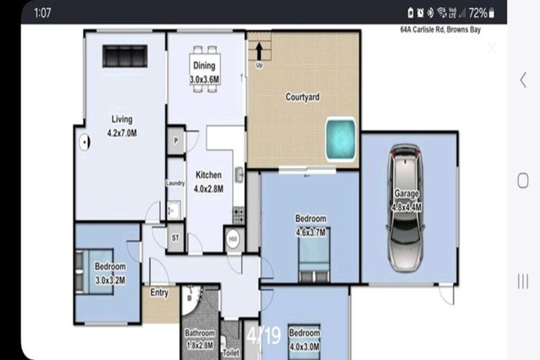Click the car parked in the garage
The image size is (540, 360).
tap(406, 207)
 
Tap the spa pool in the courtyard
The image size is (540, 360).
tap(340, 139)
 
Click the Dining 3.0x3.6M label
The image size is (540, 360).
tap(205, 73)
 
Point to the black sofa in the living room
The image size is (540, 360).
tap(124, 56)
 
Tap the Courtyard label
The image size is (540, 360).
tap(302, 97)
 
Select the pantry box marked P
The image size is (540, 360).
tap(175, 140)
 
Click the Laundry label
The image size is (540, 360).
tap(175, 184)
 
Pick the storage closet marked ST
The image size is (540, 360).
tap(175, 238)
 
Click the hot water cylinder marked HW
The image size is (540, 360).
tap(233, 239)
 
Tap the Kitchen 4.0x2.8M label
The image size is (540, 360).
tap(208, 181)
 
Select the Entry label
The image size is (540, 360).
tap(160, 293)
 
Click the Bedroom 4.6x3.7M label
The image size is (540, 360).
tap(311, 225)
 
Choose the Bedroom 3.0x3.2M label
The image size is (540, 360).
tap(110, 272)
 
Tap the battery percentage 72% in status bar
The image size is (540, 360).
tap(478, 13)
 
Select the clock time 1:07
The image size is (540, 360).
tap(41, 13)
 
